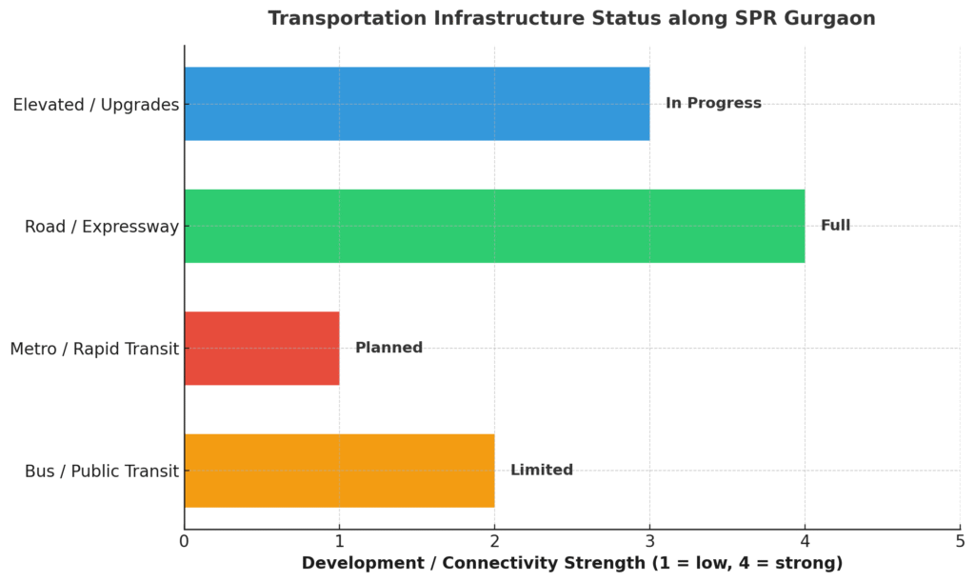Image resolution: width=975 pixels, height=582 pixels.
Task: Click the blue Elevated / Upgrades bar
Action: [416, 104]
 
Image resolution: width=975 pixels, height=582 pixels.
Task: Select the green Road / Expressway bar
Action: [494, 226]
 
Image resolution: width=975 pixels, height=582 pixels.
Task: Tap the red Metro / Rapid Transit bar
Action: [262, 348]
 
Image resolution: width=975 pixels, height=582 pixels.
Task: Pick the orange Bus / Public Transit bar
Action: [339, 471]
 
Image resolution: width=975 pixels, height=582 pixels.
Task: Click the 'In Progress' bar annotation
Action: [713, 103]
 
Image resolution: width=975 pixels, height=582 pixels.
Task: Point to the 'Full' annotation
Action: [835, 226]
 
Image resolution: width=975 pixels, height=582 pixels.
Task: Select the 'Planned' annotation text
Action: [388, 348]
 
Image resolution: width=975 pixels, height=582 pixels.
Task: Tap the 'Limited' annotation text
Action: [542, 471]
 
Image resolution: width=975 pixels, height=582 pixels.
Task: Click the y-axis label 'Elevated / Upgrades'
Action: [96, 105]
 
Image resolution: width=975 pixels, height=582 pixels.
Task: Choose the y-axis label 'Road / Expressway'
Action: [102, 227]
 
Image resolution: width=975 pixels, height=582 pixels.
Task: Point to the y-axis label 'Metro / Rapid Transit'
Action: [94, 350]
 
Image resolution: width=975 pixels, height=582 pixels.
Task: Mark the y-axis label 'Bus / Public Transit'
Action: [102, 472]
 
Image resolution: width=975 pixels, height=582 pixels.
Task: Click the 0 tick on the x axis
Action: [184, 542]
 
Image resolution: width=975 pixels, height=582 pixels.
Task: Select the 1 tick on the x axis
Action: [339, 542]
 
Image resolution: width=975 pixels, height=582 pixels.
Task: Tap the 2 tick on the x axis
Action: [494, 542]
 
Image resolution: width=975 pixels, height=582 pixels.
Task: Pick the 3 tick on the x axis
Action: [649, 542]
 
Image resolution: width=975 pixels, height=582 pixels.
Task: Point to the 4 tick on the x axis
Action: [805, 542]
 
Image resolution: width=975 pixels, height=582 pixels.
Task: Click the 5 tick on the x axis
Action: [960, 542]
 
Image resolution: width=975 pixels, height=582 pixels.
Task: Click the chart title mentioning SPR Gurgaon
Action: [571, 19]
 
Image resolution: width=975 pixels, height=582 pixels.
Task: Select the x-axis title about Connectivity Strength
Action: [572, 564]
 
